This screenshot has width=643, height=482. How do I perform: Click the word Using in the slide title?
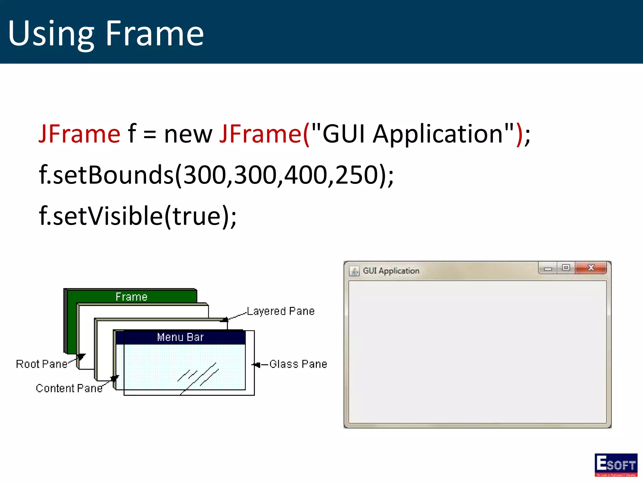point(51,34)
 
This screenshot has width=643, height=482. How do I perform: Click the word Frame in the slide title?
point(154,33)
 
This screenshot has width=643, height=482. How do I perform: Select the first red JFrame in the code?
point(79,134)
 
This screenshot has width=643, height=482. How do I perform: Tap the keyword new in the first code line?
point(188,135)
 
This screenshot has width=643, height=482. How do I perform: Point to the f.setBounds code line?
point(216,175)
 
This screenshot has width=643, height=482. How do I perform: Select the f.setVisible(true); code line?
point(138,216)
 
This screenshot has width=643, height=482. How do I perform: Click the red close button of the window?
point(591,268)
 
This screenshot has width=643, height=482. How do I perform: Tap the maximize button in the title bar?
point(566,268)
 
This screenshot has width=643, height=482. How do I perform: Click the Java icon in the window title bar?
point(354,271)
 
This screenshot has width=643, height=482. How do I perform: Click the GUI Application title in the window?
point(391,271)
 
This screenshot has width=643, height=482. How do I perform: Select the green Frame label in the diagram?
point(132,297)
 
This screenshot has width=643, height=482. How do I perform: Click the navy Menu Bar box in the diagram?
point(181,337)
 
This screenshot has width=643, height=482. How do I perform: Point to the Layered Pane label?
point(281,311)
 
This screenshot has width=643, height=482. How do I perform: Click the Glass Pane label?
point(298,364)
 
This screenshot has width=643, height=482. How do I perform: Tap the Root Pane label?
point(42,364)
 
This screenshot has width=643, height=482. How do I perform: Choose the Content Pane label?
point(69,388)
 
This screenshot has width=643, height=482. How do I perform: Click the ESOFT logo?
point(616,465)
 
